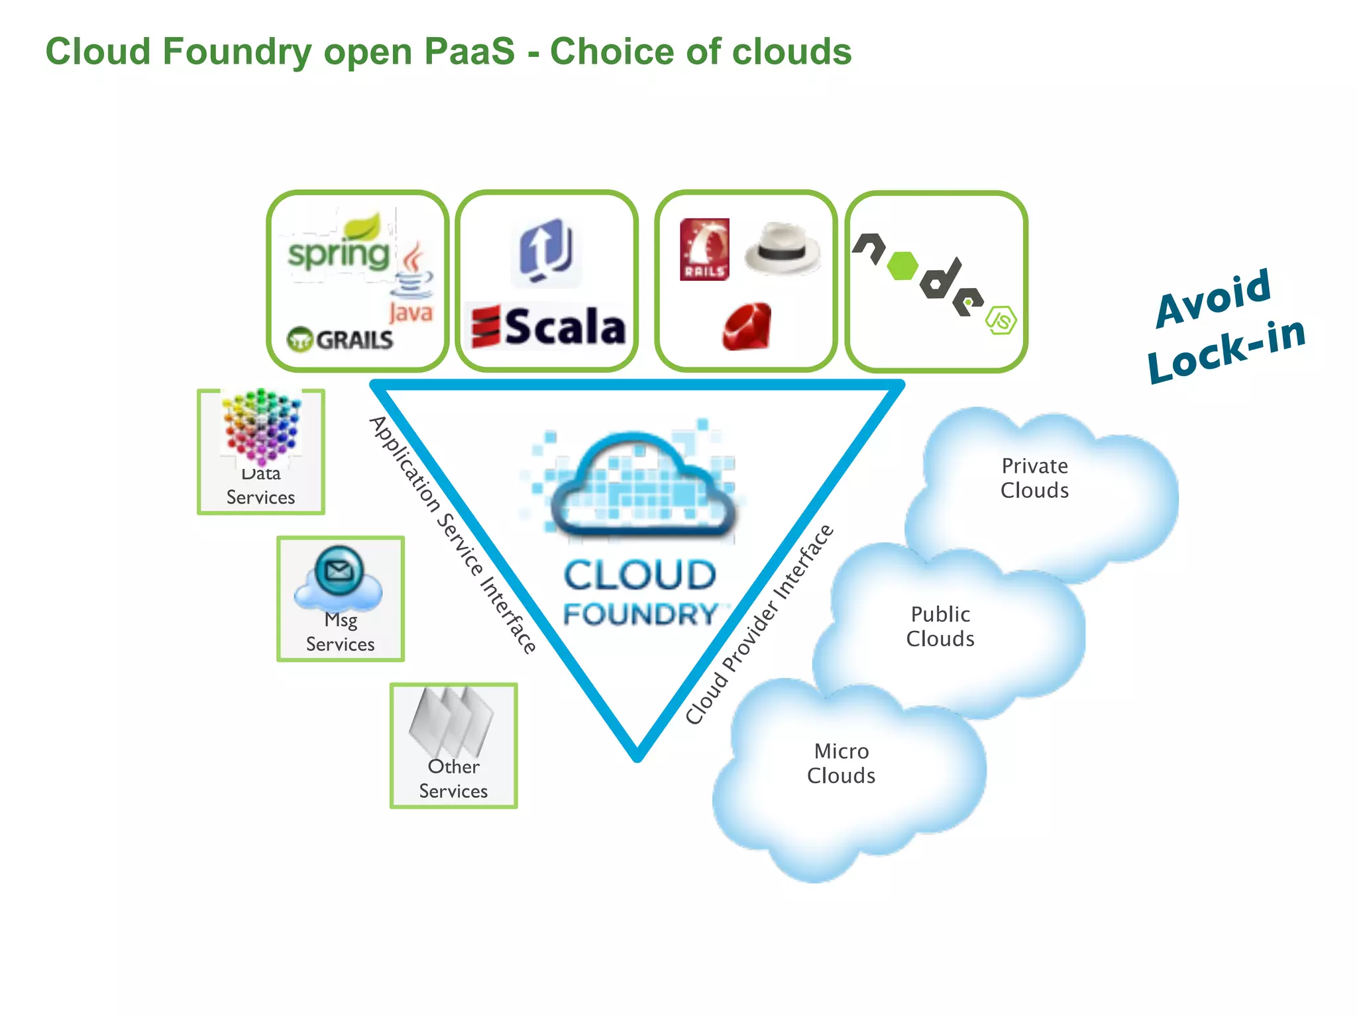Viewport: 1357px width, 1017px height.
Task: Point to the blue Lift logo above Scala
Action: (546, 252)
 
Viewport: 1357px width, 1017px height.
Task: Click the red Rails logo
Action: (704, 249)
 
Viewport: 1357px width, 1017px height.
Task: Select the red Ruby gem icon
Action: (747, 326)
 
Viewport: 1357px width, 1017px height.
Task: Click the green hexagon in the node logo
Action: (902, 266)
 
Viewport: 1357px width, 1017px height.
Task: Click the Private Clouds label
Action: (1034, 478)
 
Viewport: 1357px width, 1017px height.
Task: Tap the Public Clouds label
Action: (940, 626)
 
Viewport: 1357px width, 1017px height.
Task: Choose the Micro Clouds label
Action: (841, 763)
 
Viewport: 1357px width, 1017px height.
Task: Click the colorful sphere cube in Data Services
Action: (262, 426)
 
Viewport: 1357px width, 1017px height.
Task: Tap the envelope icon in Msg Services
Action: (339, 570)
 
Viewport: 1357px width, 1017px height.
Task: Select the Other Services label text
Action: (453, 779)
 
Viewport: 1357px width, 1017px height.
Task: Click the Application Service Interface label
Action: (453, 535)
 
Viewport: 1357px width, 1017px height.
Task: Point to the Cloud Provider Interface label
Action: (759, 624)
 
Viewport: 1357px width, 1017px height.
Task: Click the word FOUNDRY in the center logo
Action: (640, 614)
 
